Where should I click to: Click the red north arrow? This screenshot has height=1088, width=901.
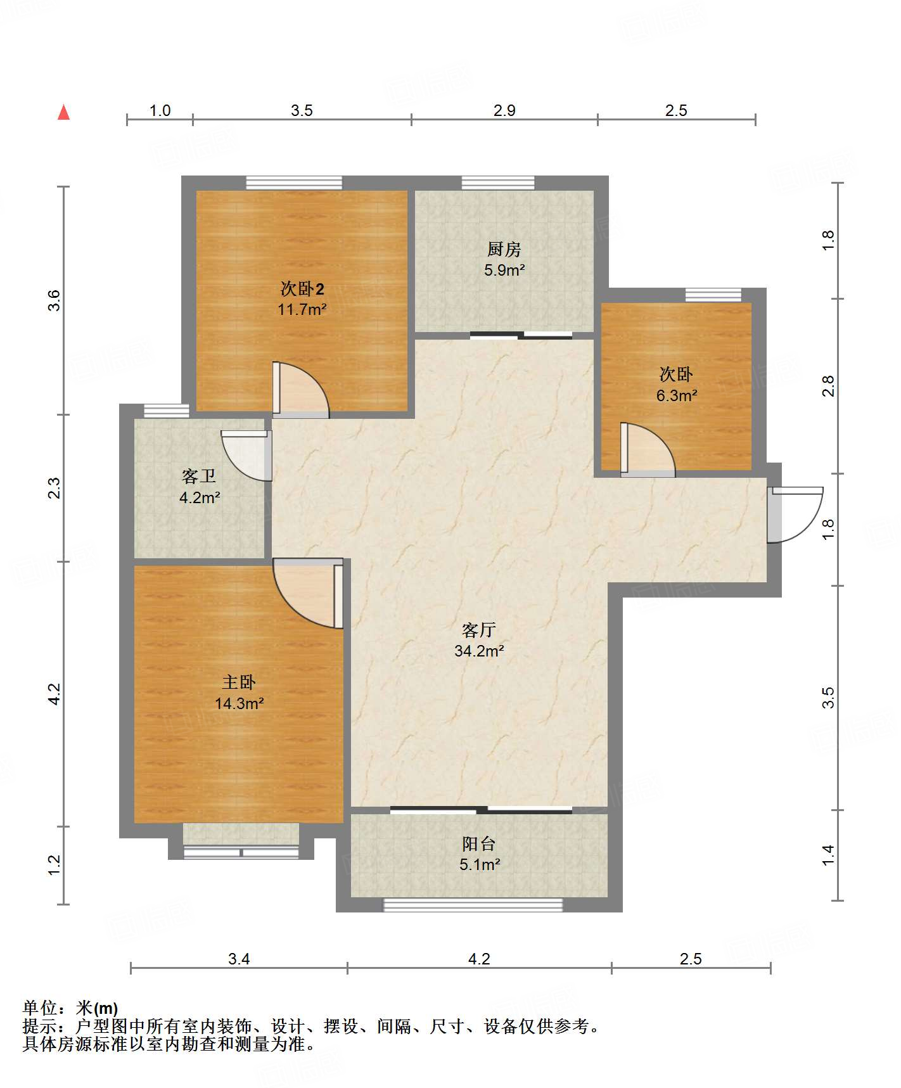point(63,112)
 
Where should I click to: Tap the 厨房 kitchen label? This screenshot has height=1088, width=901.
point(504,249)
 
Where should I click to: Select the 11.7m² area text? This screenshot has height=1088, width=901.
point(302,309)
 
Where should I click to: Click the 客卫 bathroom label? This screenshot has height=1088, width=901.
point(199,476)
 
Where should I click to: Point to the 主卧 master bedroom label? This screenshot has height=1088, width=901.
point(239,682)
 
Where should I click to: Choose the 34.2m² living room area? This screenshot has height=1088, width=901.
point(479,650)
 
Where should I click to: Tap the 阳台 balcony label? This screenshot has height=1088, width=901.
point(479,843)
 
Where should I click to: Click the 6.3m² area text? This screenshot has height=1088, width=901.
point(677,395)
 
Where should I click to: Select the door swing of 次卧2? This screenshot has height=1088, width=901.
point(301,390)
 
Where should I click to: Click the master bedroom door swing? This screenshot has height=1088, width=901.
point(308,593)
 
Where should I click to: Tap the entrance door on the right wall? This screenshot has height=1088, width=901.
point(795,515)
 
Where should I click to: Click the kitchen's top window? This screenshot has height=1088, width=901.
point(498,183)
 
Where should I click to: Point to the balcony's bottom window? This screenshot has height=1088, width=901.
point(473,905)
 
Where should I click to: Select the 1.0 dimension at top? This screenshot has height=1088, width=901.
point(160,111)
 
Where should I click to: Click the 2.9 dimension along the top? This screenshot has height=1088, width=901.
point(504,111)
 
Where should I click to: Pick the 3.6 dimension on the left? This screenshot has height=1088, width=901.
point(54,300)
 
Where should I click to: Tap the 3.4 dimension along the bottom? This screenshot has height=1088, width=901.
point(239,959)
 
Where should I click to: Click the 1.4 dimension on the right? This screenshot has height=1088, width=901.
point(828,855)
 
